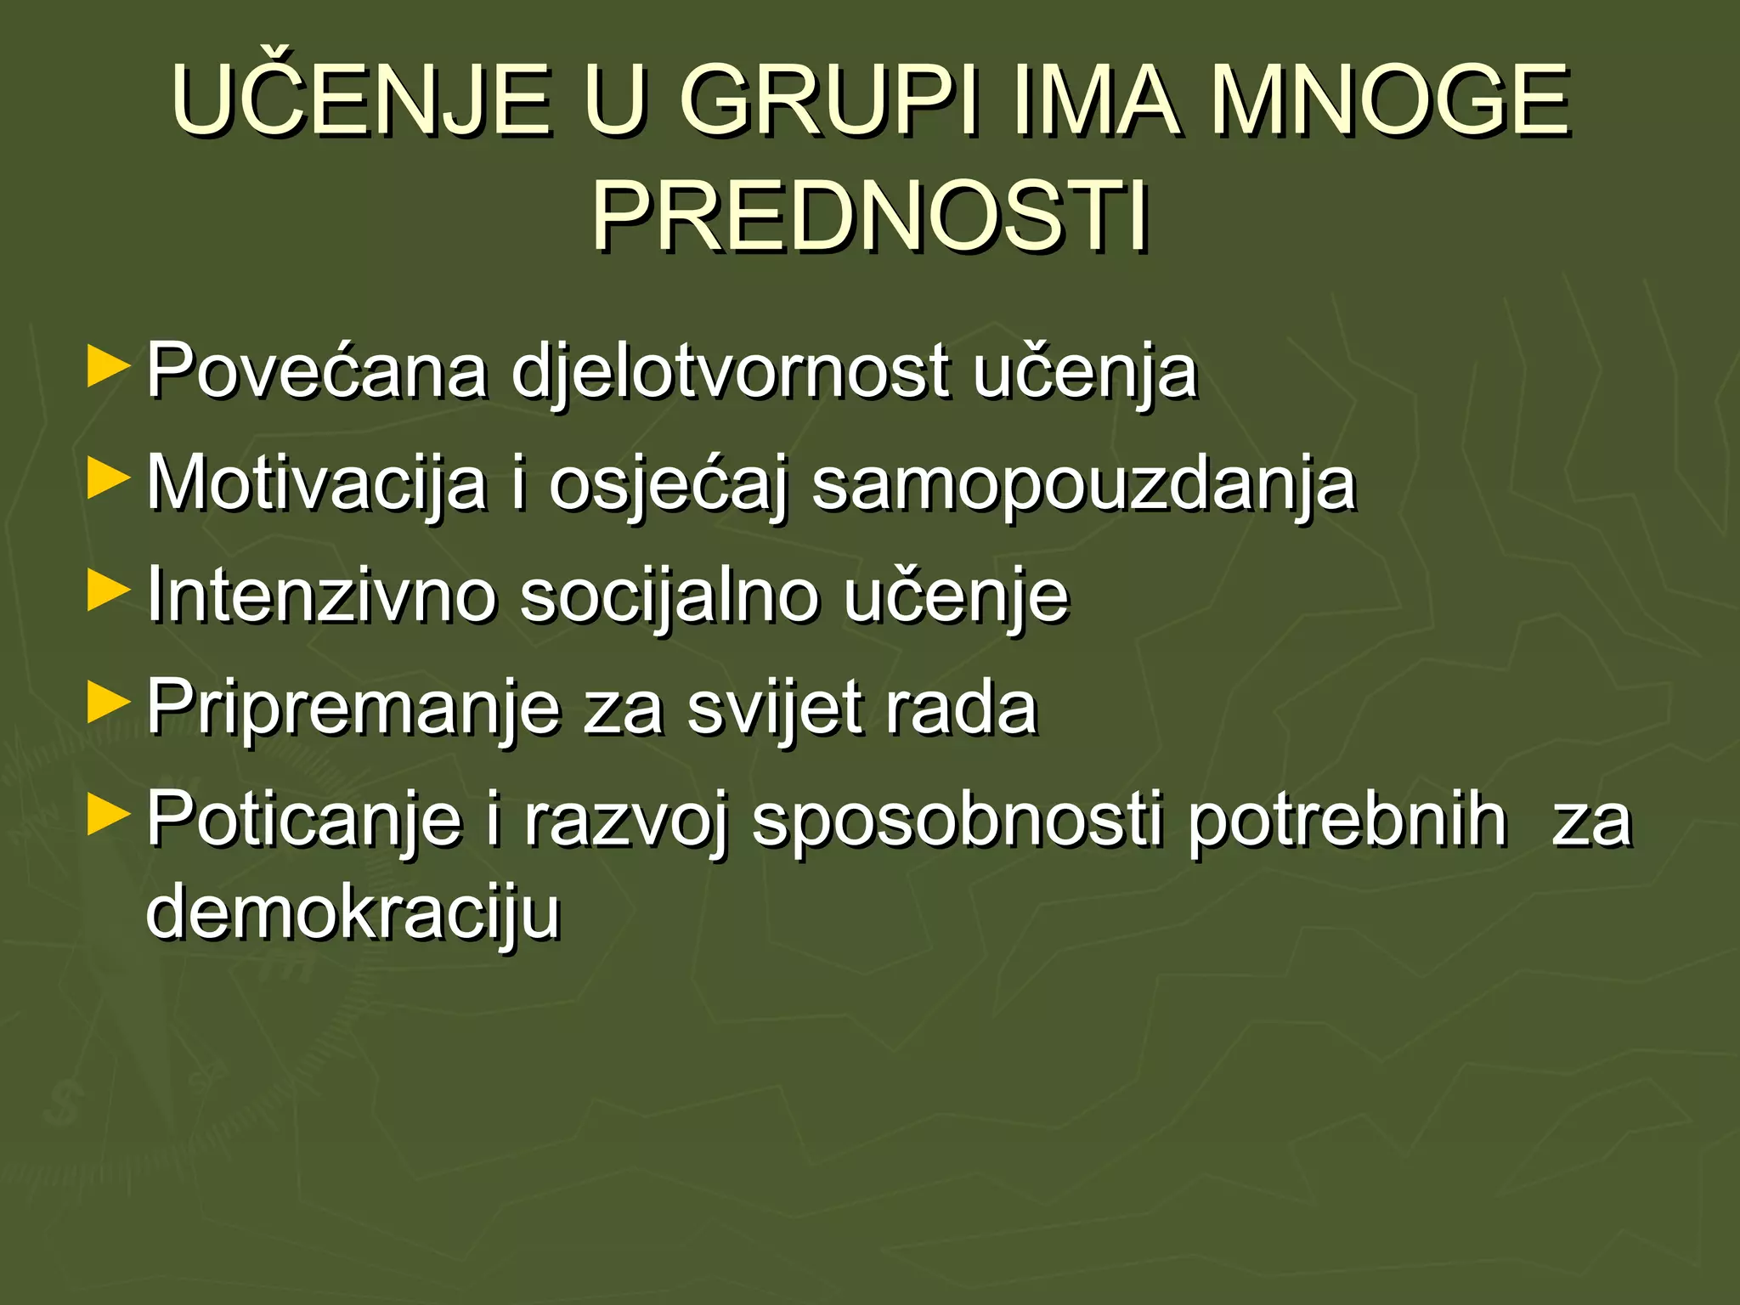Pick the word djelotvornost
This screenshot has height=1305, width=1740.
(730, 372)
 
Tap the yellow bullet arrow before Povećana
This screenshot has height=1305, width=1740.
(108, 366)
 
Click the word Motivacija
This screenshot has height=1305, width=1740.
(317, 484)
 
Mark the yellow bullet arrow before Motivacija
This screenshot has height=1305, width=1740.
(108, 479)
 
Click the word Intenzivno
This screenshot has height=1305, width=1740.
(321, 595)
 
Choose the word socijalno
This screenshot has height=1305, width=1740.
(667, 596)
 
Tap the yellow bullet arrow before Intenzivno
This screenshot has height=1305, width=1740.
(108, 590)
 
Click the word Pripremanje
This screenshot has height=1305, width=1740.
(353, 708)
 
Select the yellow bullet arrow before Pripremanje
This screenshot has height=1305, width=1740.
(108, 703)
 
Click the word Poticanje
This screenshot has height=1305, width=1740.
(304, 820)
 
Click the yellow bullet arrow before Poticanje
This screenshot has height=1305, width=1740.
(108, 815)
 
